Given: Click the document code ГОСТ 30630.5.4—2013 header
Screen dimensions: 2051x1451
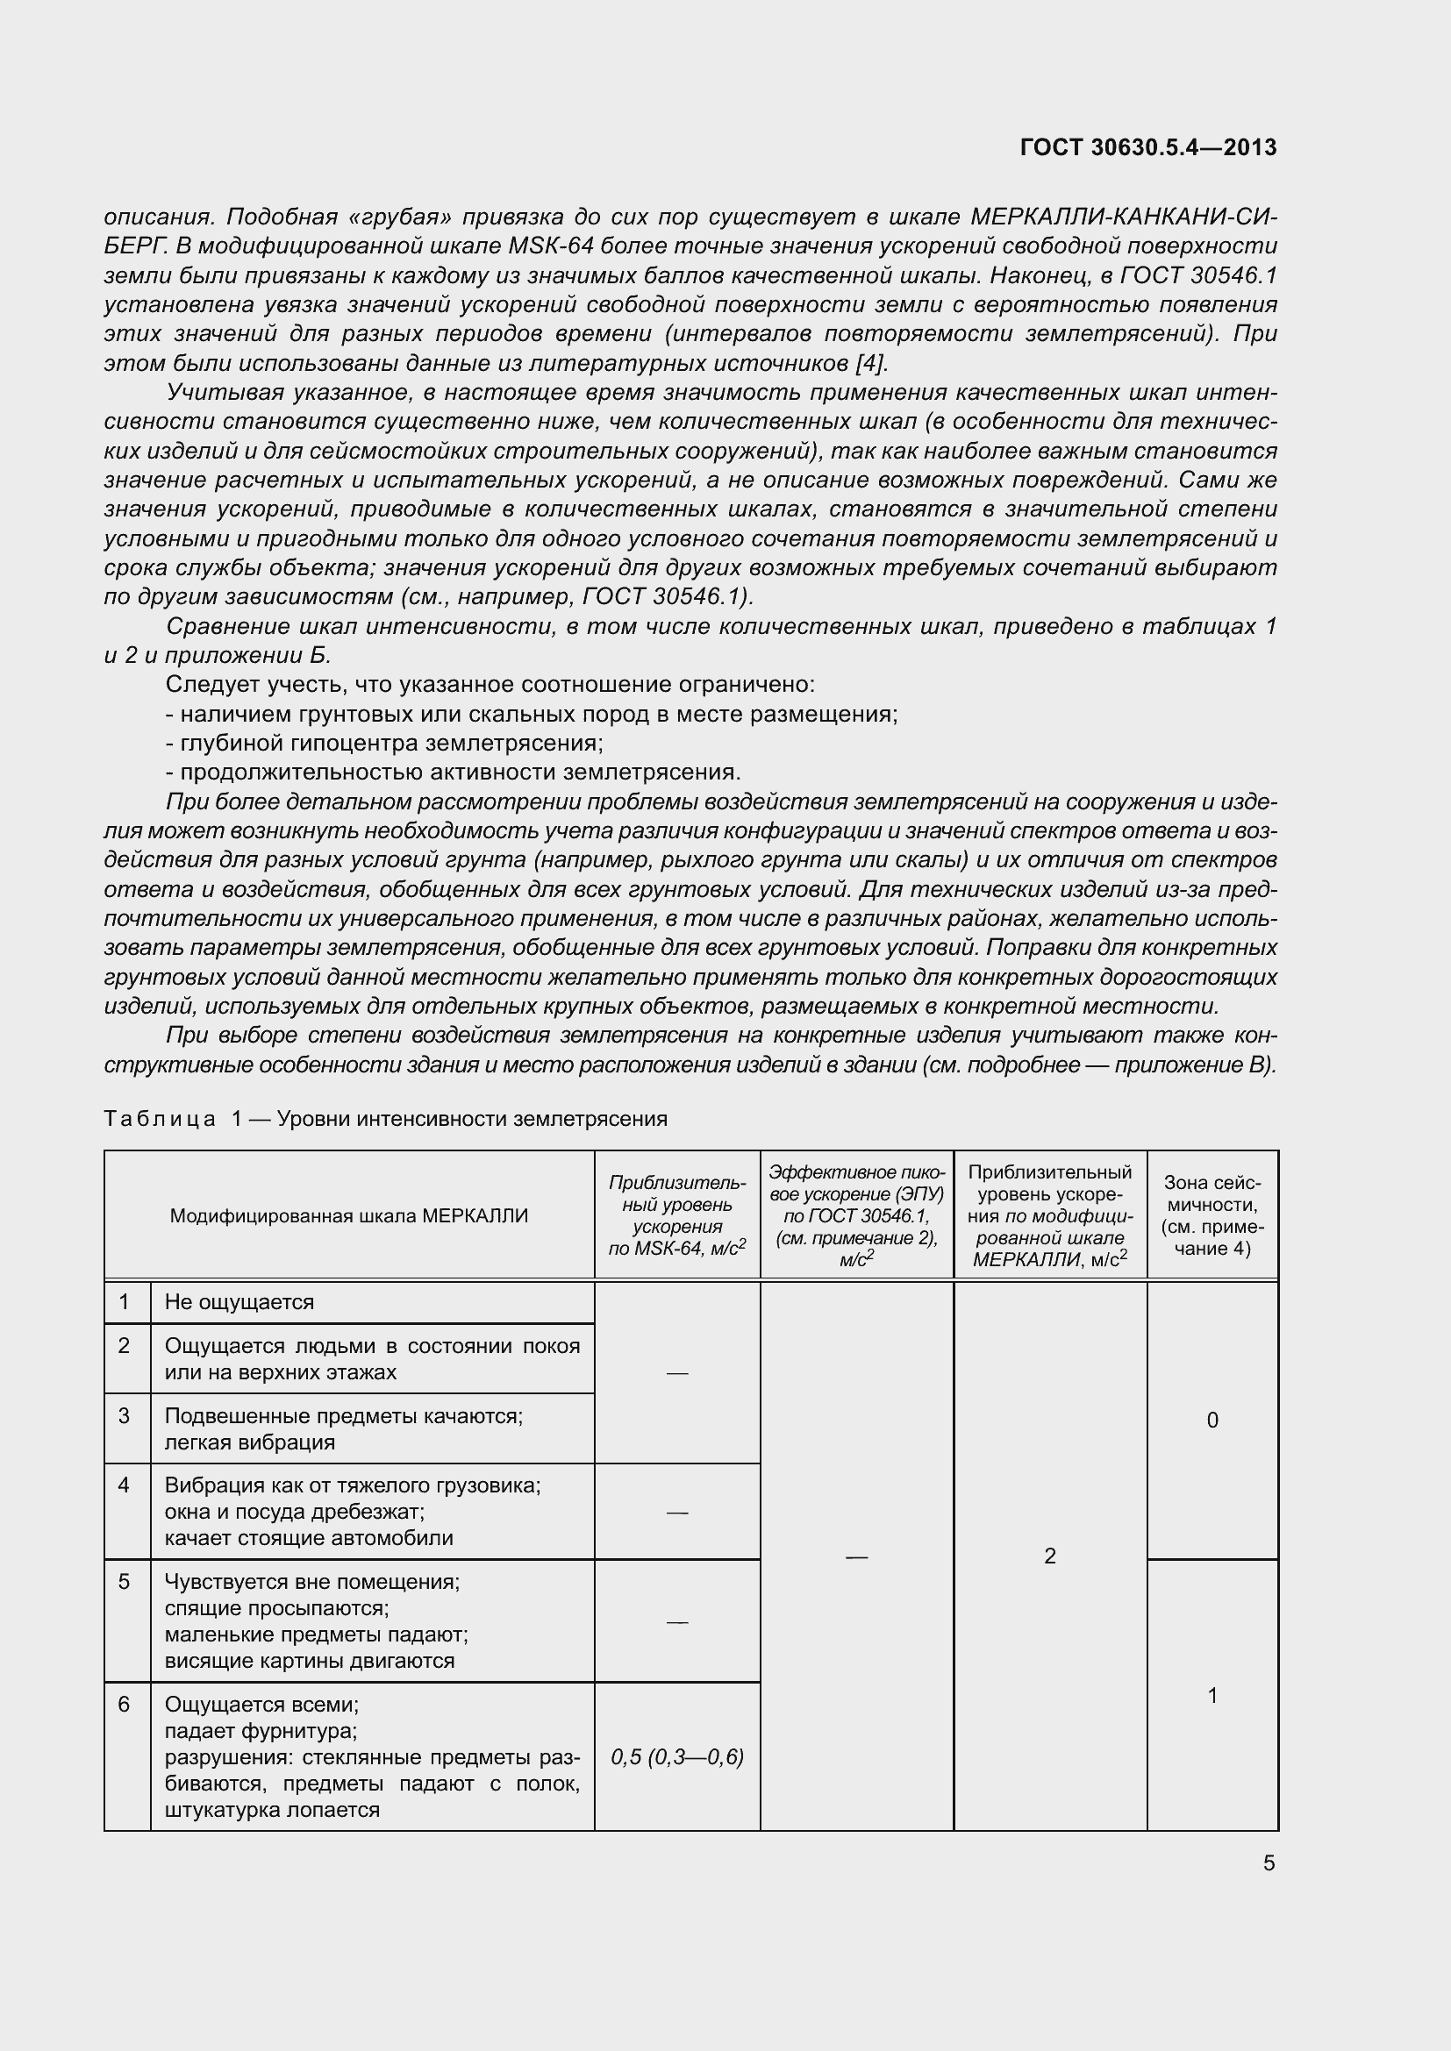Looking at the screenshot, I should tap(1147, 147).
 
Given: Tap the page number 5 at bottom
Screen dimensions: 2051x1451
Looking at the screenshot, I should tap(1269, 1863).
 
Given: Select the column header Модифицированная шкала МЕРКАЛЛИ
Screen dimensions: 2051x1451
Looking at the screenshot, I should tap(348, 1215).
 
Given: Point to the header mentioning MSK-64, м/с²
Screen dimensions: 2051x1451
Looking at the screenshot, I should tap(676, 1214).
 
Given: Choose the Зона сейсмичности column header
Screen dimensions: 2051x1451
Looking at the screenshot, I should tap(1212, 1214).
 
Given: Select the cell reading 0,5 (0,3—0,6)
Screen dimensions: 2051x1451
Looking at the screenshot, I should tap(677, 1757).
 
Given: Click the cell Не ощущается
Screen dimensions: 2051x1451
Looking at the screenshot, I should tap(239, 1302).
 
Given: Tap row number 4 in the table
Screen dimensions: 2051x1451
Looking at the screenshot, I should tap(125, 1485).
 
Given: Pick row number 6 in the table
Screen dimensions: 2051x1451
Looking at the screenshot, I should tap(125, 1705).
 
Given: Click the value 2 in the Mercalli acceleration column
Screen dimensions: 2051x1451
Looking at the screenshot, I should tap(1050, 1556).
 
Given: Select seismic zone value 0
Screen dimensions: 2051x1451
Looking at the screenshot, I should tap(1212, 1421).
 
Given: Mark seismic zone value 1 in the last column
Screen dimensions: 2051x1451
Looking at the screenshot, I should tap(1212, 1695).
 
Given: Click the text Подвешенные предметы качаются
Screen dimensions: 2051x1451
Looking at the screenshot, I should tap(343, 1416).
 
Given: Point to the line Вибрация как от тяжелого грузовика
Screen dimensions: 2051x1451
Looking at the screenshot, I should tap(352, 1485).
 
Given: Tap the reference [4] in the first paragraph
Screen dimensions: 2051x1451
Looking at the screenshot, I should tap(870, 364).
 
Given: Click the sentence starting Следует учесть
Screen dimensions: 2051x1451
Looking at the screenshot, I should tap(490, 684).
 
